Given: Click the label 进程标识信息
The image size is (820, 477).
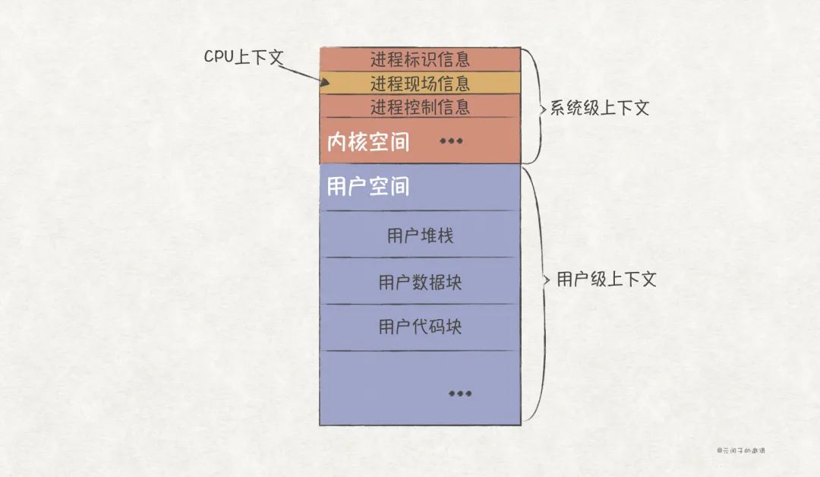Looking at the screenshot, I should pyautogui.click(x=420, y=58).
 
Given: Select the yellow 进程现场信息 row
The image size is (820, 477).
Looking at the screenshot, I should pyautogui.click(x=420, y=82).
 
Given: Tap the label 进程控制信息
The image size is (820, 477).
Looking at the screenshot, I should pyautogui.click(x=420, y=106).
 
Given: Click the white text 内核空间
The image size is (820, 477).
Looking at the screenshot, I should pyautogui.click(x=367, y=142).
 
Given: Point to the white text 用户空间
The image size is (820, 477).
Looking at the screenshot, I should pyautogui.click(x=367, y=186).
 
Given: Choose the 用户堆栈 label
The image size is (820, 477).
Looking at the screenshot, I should pyautogui.click(x=420, y=235).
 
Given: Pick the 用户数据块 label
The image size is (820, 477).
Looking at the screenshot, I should pyautogui.click(x=420, y=283).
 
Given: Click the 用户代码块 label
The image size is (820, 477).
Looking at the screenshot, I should pyautogui.click(x=420, y=327).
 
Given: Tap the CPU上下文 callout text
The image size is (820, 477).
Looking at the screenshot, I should pyautogui.click(x=243, y=57).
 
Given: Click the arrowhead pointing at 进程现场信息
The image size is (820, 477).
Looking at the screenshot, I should pyautogui.click(x=325, y=83).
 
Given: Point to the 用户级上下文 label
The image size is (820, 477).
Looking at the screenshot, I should pyautogui.click(x=606, y=280).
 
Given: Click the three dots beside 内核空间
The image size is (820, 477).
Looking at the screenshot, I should pyautogui.click(x=451, y=141).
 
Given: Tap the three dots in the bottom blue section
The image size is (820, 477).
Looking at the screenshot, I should pyautogui.click(x=460, y=393).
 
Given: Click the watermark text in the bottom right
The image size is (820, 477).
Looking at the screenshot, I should pyautogui.click(x=741, y=450).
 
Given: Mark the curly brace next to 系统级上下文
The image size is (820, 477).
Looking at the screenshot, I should pyautogui.click(x=535, y=106).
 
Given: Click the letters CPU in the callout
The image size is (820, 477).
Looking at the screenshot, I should pyautogui.click(x=219, y=57).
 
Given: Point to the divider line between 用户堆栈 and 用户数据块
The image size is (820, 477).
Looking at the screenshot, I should pyautogui.click(x=420, y=257).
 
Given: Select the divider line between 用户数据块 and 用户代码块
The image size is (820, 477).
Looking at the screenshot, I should pyautogui.click(x=420, y=304).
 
